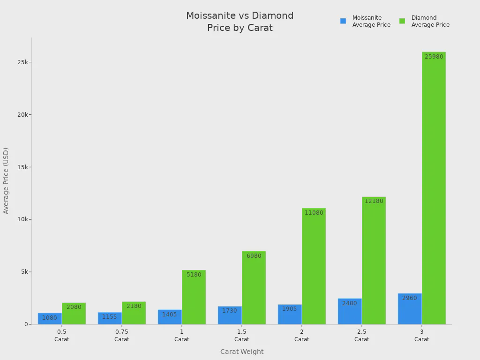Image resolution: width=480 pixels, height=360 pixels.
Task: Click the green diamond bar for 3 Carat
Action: click(x=434, y=187)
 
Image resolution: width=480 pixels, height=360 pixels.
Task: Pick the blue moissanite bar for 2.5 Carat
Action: click(x=350, y=311)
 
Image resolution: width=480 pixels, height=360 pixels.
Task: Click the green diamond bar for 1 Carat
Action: click(x=194, y=297)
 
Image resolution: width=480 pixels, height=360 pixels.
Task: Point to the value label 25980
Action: click(x=434, y=57)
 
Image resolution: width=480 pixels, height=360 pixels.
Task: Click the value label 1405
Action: click(x=170, y=315)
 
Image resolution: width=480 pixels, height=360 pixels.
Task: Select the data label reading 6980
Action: click(x=254, y=256)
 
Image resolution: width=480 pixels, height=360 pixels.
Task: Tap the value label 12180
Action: click(x=374, y=201)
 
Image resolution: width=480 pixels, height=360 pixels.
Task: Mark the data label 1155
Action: click(x=110, y=317)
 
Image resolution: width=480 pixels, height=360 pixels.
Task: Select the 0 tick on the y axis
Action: click(x=26, y=324)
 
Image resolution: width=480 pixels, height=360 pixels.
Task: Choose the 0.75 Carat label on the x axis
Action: click(x=122, y=335)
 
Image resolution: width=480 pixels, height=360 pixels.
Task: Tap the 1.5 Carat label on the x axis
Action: click(x=242, y=335)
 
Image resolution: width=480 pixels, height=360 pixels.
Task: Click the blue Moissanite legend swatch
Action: click(x=343, y=21)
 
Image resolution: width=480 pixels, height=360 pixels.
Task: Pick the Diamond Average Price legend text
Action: click(x=430, y=21)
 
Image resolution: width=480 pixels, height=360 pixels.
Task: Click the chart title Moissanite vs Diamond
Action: click(x=240, y=16)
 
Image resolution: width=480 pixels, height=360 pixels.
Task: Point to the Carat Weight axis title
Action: click(x=242, y=352)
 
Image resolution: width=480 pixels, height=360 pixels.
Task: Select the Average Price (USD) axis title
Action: click(x=6, y=180)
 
